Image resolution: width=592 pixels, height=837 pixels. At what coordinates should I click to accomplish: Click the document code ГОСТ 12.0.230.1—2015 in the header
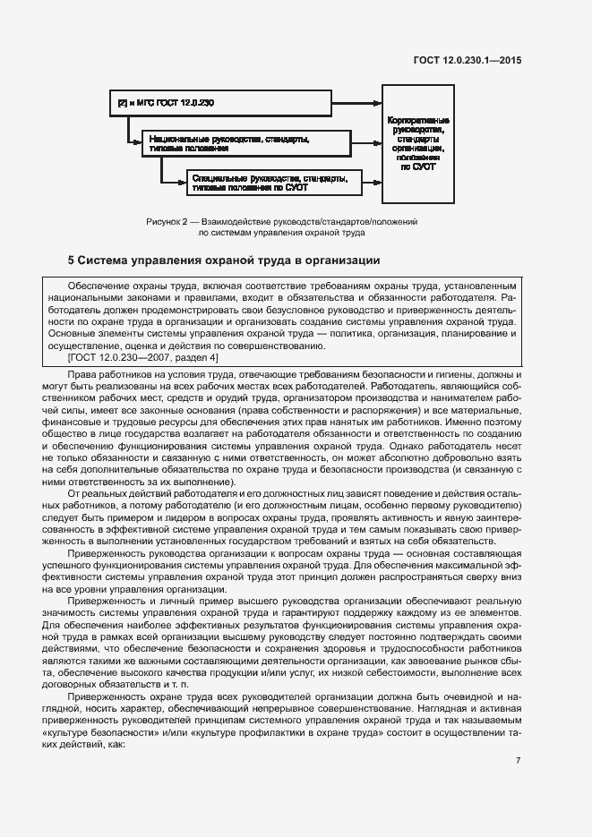pos(467,60)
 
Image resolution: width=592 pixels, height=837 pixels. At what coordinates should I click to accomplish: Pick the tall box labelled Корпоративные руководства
pos(418,143)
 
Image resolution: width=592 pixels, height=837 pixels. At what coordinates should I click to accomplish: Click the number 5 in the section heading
pos(73,261)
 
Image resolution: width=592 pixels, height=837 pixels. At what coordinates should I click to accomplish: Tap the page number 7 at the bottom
pos(519,760)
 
